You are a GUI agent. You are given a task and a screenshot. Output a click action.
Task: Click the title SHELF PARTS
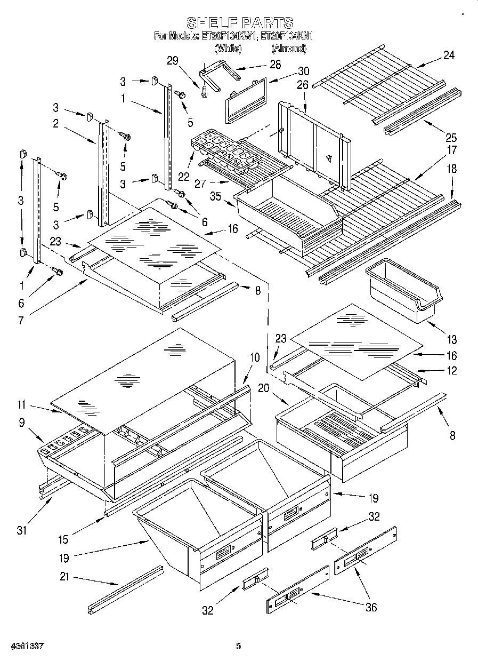tap(239, 23)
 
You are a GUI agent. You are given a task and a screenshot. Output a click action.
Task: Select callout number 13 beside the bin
tap(452, 339)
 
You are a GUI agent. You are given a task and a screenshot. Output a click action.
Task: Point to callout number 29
tap(172, 61)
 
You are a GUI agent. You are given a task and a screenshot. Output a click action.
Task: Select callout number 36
tap(371, 607)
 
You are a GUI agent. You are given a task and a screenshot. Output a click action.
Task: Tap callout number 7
tap(21, 320)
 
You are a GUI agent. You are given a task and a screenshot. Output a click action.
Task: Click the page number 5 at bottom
tap(239, 646)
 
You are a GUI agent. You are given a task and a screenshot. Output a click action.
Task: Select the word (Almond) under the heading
tap(288, 48)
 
